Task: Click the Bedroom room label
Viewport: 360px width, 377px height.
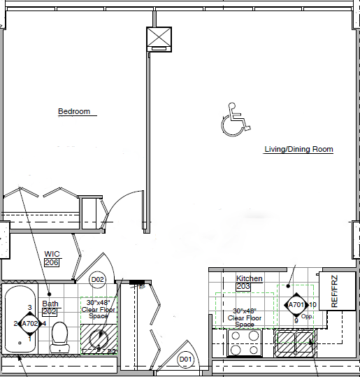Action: pyautogui.click(x=73, y=111)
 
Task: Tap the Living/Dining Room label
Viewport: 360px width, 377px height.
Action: pyautogui.click(x=298, y=149)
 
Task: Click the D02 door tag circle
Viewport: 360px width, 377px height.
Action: pyautogui.click(x=99, y=280)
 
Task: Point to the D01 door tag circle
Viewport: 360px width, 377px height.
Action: pyautogui.click(x=185, y=360)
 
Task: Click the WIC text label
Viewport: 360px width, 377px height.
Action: pyautogui.click(x=52, y=254)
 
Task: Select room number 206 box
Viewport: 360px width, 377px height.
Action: pyautogui.click(x=52, y=262)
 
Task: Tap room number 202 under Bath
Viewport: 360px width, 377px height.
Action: pyautogui.click(x=50, y=312)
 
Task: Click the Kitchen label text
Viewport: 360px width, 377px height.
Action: pyautogui.click(x=250, y=278)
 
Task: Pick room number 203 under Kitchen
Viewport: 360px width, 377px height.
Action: pyautogui.click(x=244, y=287)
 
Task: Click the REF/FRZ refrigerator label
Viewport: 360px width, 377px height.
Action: pyautogui.click(x=334, y=292)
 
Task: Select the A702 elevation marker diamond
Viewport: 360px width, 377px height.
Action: pyautogui.click(x=30, y=324)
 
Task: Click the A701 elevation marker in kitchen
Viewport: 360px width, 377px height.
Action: pyautogui.click(x=296, y=305)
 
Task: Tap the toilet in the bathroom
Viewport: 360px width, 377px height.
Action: pyautogui.click(x=60, y=336)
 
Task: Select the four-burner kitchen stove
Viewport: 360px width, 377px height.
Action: pyautogui.click(x=245, y=343)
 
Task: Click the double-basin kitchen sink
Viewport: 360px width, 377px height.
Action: pyautogui.click(x=296, y=342)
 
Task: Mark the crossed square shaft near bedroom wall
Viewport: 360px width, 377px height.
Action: pyautogui.click(x=158, y=39)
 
